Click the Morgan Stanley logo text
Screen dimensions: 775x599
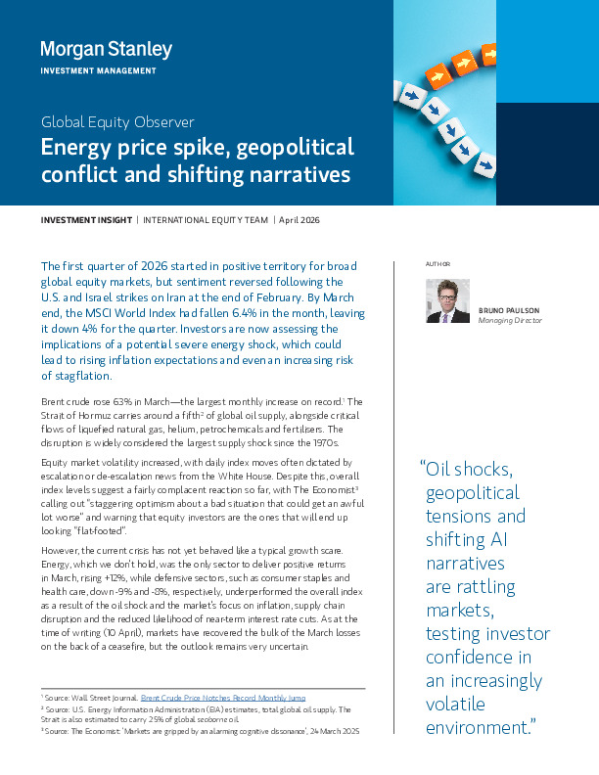click(106, 49)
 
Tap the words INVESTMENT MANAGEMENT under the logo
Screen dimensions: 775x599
click(98, 70)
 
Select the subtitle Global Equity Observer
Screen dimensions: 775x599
click(117, 122)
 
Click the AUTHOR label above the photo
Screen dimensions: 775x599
click(438, 265)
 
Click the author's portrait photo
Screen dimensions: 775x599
click(447, 300)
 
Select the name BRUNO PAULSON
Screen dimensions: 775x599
click(510, 310)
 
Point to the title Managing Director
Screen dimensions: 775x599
click(510, 320)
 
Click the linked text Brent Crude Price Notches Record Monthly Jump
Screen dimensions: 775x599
click(223, 698)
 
